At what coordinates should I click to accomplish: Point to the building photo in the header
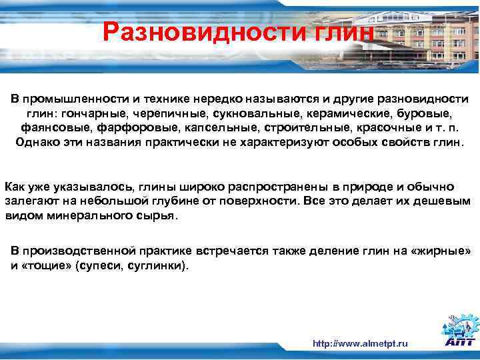tap(427, 33)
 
